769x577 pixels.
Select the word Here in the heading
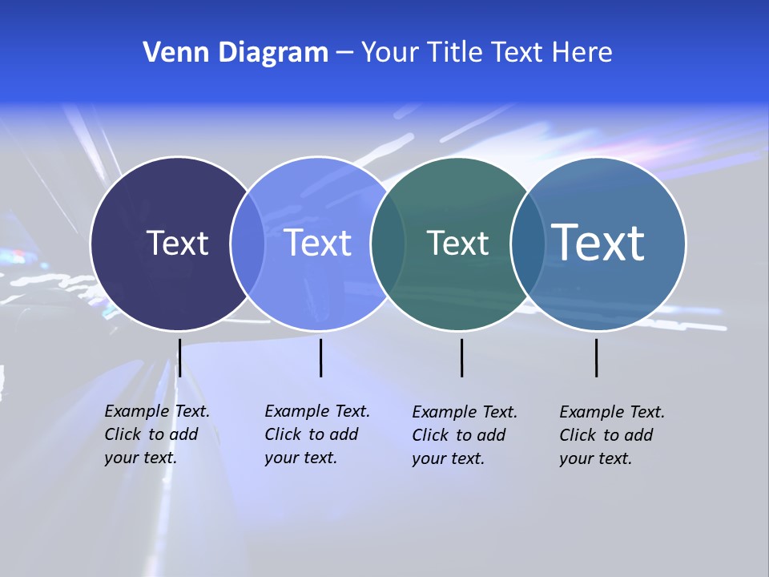[582, 53]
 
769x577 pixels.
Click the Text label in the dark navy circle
[177, 243]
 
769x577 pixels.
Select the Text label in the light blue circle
[318, 243]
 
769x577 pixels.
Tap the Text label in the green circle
[457, 243]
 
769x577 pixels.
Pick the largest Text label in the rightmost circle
[598, 243]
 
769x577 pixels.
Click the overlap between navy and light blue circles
[248, 244]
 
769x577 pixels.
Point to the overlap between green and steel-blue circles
[528, 244]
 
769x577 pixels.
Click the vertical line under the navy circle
[179, 357]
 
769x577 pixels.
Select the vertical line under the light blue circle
[320, 357]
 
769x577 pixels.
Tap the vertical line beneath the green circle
[461, 357]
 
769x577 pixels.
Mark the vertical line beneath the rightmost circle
[596, 357]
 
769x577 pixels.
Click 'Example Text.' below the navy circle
[157, 411]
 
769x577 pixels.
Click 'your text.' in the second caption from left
[300, 458]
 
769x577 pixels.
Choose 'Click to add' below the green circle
[459, 435]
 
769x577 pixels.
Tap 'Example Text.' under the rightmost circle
[612, 412]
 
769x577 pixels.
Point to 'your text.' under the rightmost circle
[595, 458]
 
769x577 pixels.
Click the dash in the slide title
[344, 53]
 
